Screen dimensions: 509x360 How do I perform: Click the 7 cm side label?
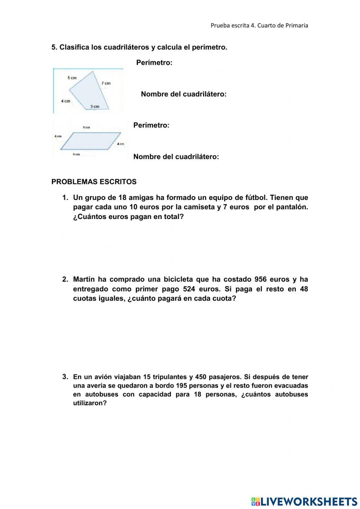pos(106,83)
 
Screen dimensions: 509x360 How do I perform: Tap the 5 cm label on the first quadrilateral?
pos(72,78)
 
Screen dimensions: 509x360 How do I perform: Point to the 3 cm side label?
pos(95,107)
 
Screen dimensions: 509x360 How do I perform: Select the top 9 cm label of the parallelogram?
pos(86,128)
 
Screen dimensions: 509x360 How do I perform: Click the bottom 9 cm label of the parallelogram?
pos(76,155)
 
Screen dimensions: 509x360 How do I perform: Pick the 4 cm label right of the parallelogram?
pos(120,144)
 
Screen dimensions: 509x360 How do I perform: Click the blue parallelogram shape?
pos(90,141)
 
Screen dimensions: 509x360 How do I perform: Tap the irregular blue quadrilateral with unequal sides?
pos(88,92)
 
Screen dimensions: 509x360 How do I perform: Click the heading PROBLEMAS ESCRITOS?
pos(94,182)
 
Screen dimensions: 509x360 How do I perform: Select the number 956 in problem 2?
pos(261,280)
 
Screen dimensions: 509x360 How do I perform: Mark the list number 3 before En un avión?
pos(65,377)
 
